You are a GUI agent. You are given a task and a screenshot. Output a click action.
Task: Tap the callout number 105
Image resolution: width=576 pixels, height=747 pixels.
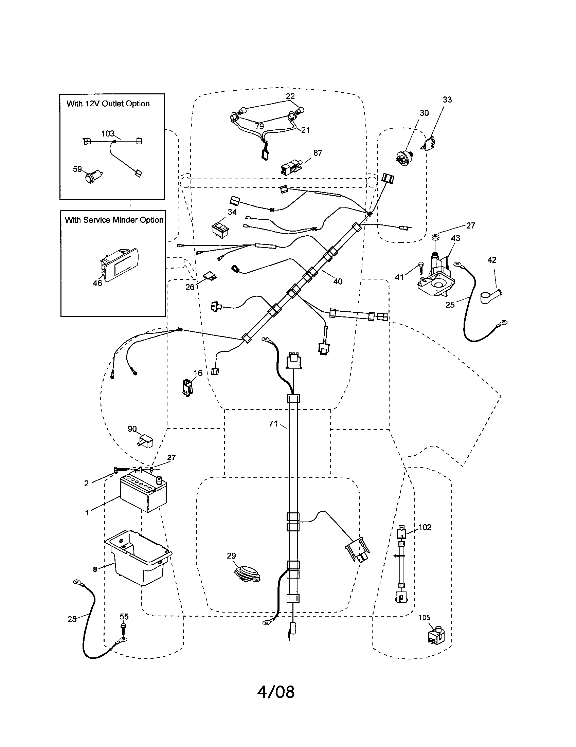424,618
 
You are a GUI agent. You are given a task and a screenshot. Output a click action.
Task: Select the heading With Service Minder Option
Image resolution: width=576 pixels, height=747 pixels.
114,220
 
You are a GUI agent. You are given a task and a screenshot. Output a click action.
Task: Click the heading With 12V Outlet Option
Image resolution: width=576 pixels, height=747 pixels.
108,104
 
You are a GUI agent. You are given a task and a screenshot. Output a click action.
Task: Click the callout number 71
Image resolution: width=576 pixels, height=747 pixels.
273,424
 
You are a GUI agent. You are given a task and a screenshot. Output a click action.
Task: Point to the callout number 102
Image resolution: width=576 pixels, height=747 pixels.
425,527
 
